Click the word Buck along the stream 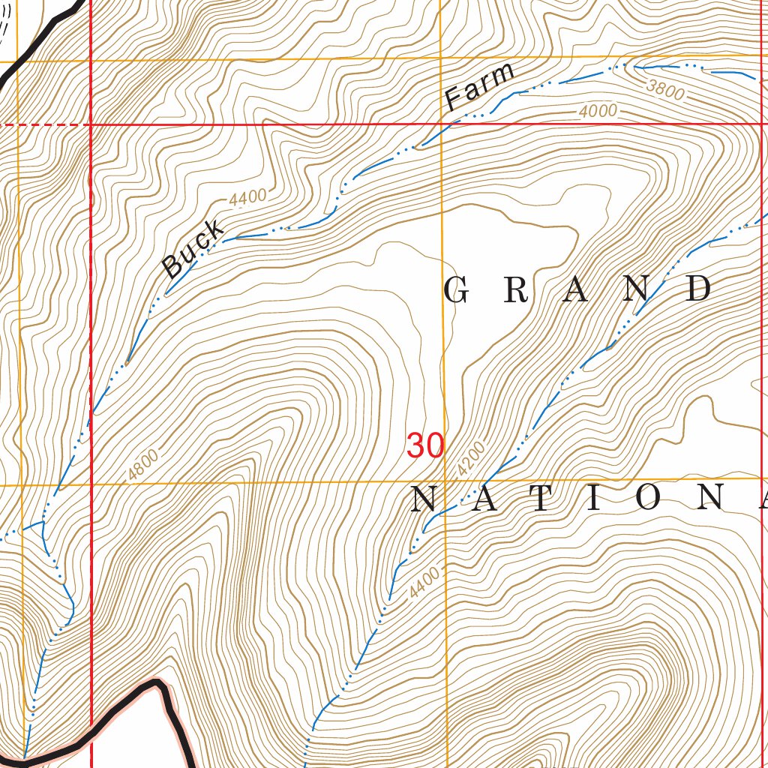tap(193, 249)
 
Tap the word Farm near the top tap(480, 86)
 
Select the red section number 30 tap(425, 445)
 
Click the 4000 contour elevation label tap(598, 112)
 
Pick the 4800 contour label tap(142, 464)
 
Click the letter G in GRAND tap(456, 290)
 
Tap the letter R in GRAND tap(514, 290)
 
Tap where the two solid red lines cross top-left tap(91, 124)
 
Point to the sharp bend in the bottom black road tap(159, 684)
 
